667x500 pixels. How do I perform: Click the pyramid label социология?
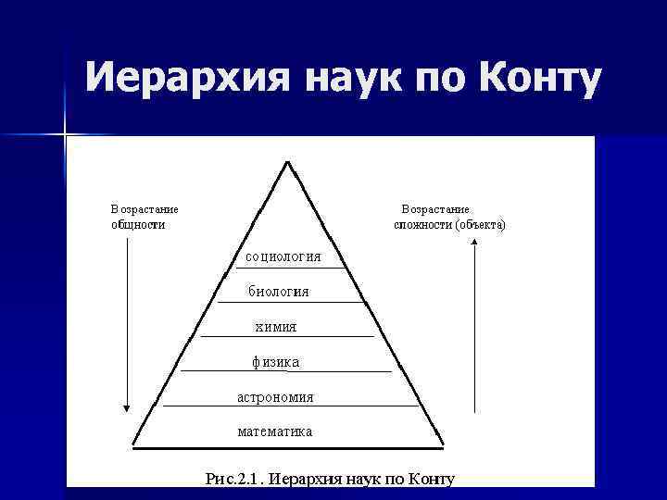[284, 256]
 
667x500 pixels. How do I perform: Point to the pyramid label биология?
[279, 292]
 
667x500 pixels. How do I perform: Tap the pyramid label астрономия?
[275, 396]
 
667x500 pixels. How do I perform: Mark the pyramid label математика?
[275, 431]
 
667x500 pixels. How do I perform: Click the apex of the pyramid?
[289, 163]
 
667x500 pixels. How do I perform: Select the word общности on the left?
[139, 224]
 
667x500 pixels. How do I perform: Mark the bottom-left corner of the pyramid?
[132, 446]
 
